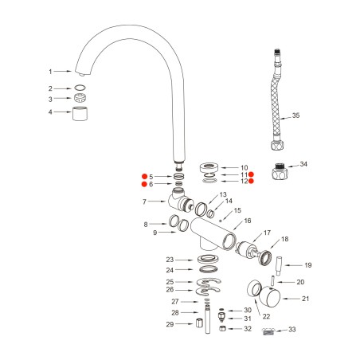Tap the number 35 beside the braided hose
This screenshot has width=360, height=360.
pyautogui.click(x=295, y=115)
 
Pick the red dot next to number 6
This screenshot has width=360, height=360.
pyautogui.click(x=144, y=185)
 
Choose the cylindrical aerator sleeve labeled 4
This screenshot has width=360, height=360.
pyautogui.click(x=80, y=113)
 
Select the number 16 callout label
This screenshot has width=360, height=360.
pyautogui.click(x=248, y=221)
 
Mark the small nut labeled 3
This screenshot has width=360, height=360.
pyautogui.click(x=80, y=99)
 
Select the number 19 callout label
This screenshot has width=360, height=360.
pyautogui.click(x=307, y=265)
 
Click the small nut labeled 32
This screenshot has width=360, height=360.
pyautogui.click(x=225, y=328)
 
